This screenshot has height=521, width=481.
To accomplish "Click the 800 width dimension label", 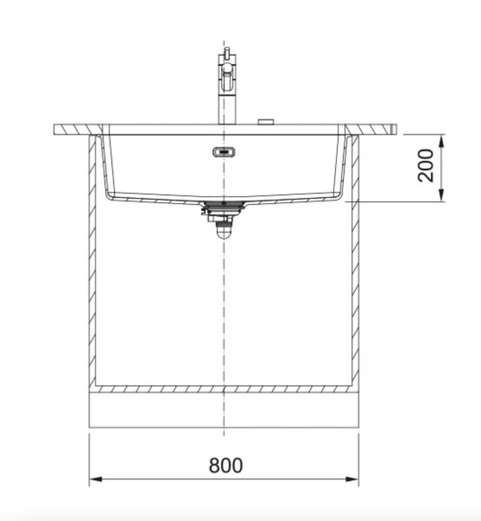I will point(226,465).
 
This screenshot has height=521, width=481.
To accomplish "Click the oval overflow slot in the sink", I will point(224,153).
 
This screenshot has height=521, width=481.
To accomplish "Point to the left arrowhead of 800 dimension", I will point(96,478).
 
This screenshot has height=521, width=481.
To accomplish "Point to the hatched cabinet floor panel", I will point(224,389).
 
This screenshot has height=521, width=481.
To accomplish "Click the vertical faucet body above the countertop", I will point(224,100).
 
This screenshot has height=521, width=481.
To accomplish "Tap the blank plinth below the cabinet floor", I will point(224,410).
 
